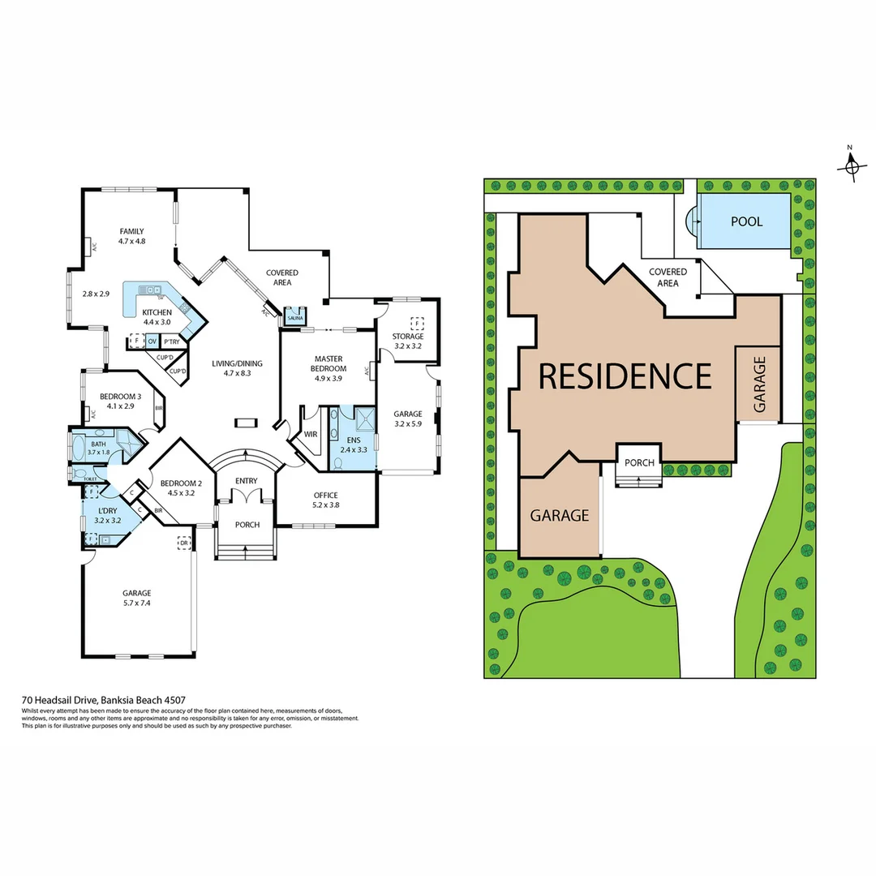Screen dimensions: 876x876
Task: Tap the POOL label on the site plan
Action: [x=747, y=221]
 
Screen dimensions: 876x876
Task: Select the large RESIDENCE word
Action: [x=625, y=376]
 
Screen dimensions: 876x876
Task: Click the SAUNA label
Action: [x=293, y=319]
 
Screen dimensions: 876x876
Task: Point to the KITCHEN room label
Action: [x=157, y=312]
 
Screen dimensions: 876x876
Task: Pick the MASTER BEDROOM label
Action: [x=328, y=363]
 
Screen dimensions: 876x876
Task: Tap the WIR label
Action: [x=311, y=434]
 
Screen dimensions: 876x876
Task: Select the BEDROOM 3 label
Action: [x=120, y=397]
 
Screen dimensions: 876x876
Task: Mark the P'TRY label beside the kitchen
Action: [x=171, y=341]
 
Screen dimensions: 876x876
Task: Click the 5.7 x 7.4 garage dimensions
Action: [x=137, y=603]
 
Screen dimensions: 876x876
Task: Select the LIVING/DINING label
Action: [x=238, y=363]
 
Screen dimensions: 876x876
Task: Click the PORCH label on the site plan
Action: [x=639, y=462]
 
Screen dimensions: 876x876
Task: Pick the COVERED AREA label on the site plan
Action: [x=668, y=277]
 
